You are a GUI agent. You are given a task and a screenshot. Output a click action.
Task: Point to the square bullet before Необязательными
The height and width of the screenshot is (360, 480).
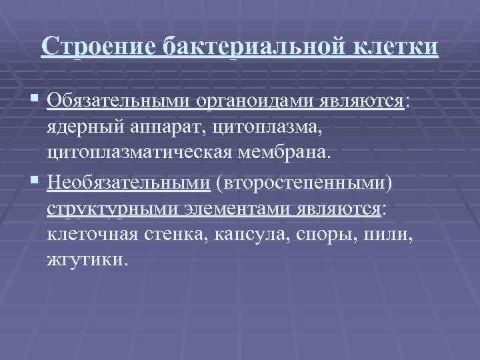[36, 182]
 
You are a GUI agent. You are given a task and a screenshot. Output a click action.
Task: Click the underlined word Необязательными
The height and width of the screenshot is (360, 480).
[129, 182]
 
